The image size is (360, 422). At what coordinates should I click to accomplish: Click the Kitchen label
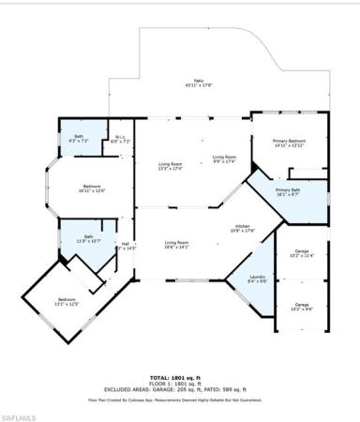[x=244, y=229]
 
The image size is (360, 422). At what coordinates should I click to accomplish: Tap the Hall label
[x=124, y=245]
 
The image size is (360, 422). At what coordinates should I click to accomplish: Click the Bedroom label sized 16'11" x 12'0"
[x=92, y=188]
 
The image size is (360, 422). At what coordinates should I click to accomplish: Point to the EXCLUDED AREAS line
[x=180, y=389]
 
